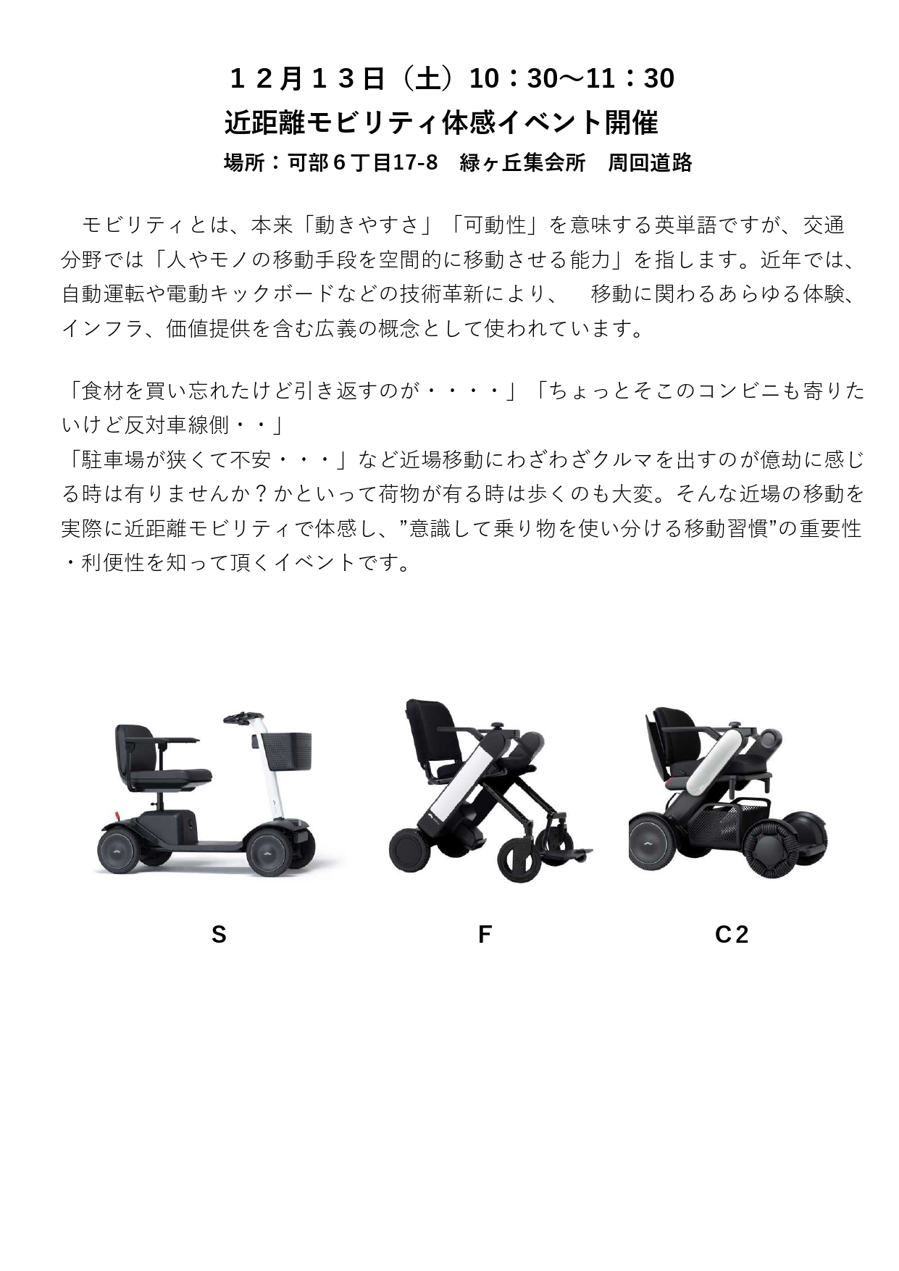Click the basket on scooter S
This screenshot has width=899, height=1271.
pyautogui.click(x=286, y=751)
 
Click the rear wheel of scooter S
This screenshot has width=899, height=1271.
pyautogui.click(x=119, y=851)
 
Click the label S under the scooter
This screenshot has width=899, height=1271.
pyautogui.click(x=219, y=935)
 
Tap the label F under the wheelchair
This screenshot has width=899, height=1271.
pyautogui.click(x=485, y=935)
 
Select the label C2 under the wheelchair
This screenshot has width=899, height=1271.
pyautogui.click(x=731, y=935)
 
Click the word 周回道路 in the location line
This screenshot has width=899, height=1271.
pyautogui.click(x=650, y=163)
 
